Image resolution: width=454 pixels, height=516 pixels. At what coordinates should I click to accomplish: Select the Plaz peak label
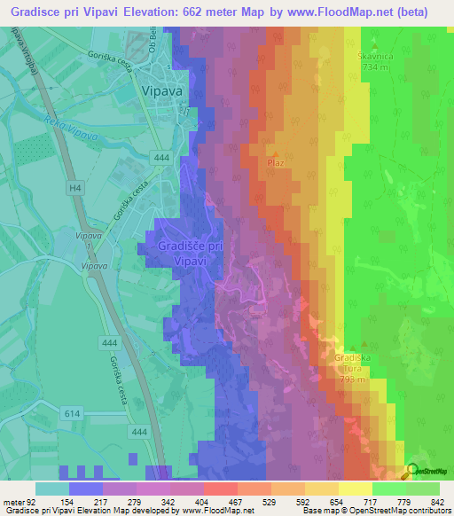click(x=275, y=163)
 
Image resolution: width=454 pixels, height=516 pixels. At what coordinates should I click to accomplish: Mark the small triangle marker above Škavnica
click(x=373, y=45)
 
